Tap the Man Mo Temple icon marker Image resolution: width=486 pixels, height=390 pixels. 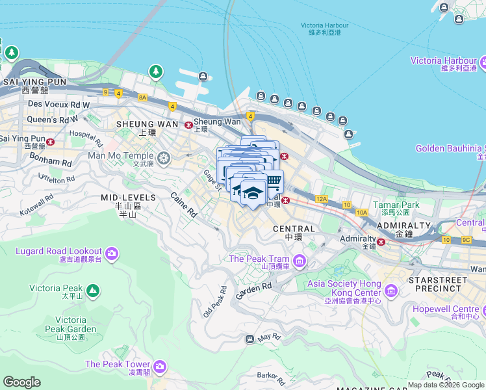tap(164, 157)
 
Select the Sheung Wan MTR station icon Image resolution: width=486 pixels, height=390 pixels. tap(188, 125)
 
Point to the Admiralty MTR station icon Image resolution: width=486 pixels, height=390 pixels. tap(382, 242)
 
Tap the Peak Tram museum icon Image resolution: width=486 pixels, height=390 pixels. tap(300, 262)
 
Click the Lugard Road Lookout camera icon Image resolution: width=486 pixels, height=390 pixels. tap(112, 252)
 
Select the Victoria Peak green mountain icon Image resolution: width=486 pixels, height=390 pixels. tap(92, 290)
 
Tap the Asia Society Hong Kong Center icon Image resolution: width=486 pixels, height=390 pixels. tap(391, 290)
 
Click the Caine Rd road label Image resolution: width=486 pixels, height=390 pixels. tap(184, 204)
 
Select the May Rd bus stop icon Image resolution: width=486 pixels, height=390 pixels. tap(249, 339)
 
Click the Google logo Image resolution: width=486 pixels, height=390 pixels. tap(22, 382)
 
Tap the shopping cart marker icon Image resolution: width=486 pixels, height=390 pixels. tap(274, 181)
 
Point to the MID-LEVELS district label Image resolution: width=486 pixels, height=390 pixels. tap(128, 197)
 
